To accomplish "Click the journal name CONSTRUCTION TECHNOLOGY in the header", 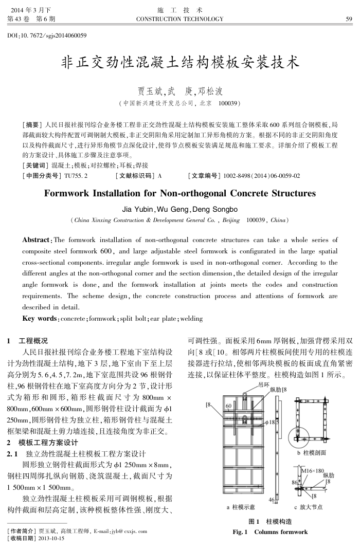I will pyautogui.click(x=179, y=19).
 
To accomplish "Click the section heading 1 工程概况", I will pyautogui.click(x=29, y=341).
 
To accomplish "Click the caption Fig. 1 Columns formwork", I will pyautogui.click(x=270, y=531).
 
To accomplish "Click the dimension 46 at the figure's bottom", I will pyautogui.click(x=272, y=500).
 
